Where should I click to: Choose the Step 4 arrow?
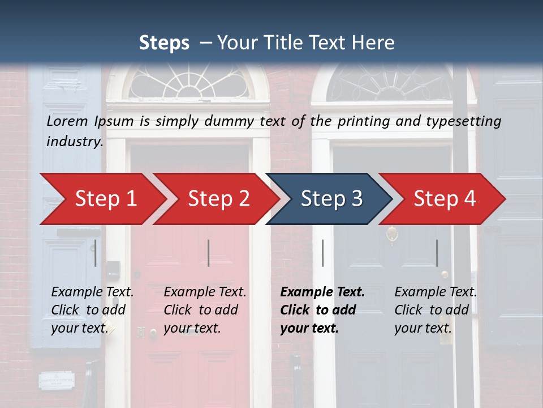click(x=445, y=199)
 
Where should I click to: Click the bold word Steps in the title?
click(x=164, y=43)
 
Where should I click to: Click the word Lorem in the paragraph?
click(x=67, y=121)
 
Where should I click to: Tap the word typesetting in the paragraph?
click(x=467, y=121)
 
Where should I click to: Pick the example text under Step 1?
click(x=92, y=310)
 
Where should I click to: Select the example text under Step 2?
click(x=205, y=310)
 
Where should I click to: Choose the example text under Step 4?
click(x=436, y=310)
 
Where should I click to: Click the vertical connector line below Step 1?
click(x=95, y=253)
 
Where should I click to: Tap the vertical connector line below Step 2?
click(x=209, y=253)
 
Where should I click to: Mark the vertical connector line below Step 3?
click(x=322, y=253)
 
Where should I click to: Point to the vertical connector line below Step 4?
click(x=437, y=253)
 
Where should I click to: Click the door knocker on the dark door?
click(x=391, y=234)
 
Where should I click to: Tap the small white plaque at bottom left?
click(x=56, y=380)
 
